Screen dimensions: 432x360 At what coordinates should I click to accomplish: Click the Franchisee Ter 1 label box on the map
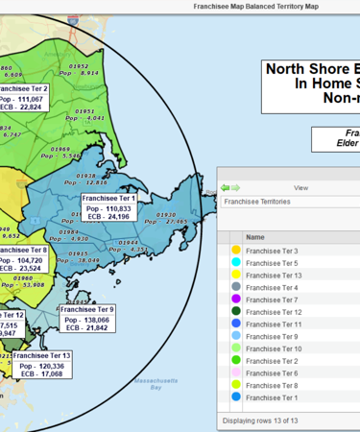click(107, 207)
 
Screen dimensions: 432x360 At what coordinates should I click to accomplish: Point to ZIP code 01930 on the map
click(165, 215)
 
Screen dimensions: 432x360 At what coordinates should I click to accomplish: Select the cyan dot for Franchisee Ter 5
click(235, 262)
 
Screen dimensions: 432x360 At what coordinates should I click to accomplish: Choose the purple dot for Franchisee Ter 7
click(235, 300)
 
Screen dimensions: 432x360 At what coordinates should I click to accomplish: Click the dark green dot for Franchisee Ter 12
click(235, 312)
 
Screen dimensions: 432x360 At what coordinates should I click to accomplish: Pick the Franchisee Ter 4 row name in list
click(272, 287)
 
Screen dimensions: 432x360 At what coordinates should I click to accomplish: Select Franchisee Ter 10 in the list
click(274, 348)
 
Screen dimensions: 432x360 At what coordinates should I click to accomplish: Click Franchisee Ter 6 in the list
click(272, 373)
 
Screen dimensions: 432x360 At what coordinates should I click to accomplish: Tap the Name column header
click(255, 236)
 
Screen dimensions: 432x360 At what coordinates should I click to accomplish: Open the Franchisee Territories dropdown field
click(288, 203)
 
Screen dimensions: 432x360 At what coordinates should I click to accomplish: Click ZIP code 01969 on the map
click(60, 149)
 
